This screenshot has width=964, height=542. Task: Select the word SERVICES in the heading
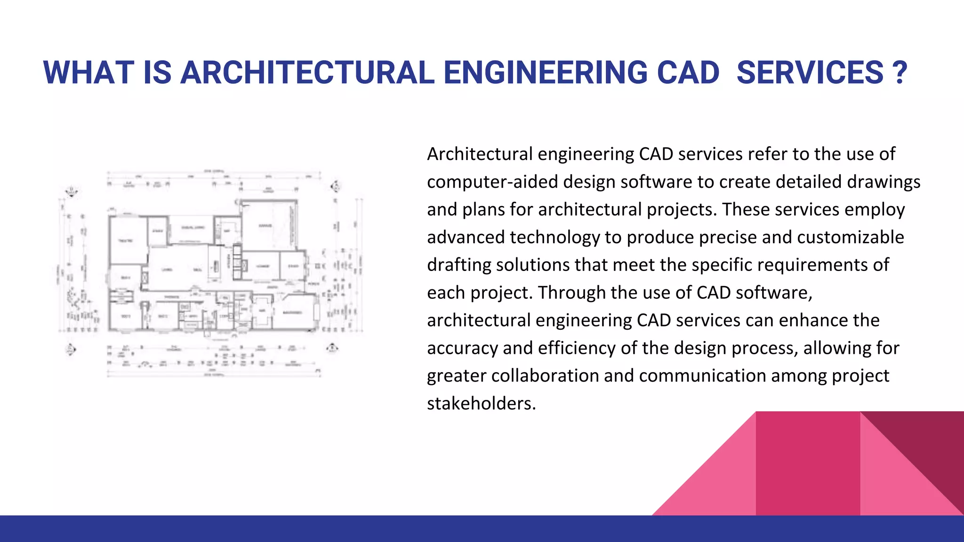(810, 73)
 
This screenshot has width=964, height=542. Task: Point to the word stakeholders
(481, 404)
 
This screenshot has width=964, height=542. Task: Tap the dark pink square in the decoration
(807, 463)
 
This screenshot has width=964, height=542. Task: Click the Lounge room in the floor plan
(262, 266)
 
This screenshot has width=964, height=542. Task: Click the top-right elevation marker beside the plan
(336, 187)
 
